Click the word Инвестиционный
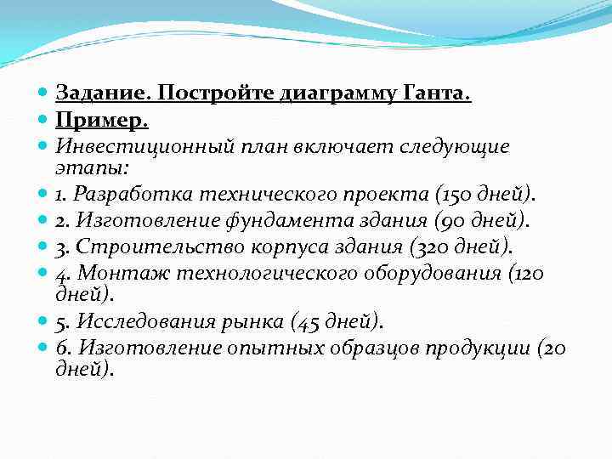(133, 146)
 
